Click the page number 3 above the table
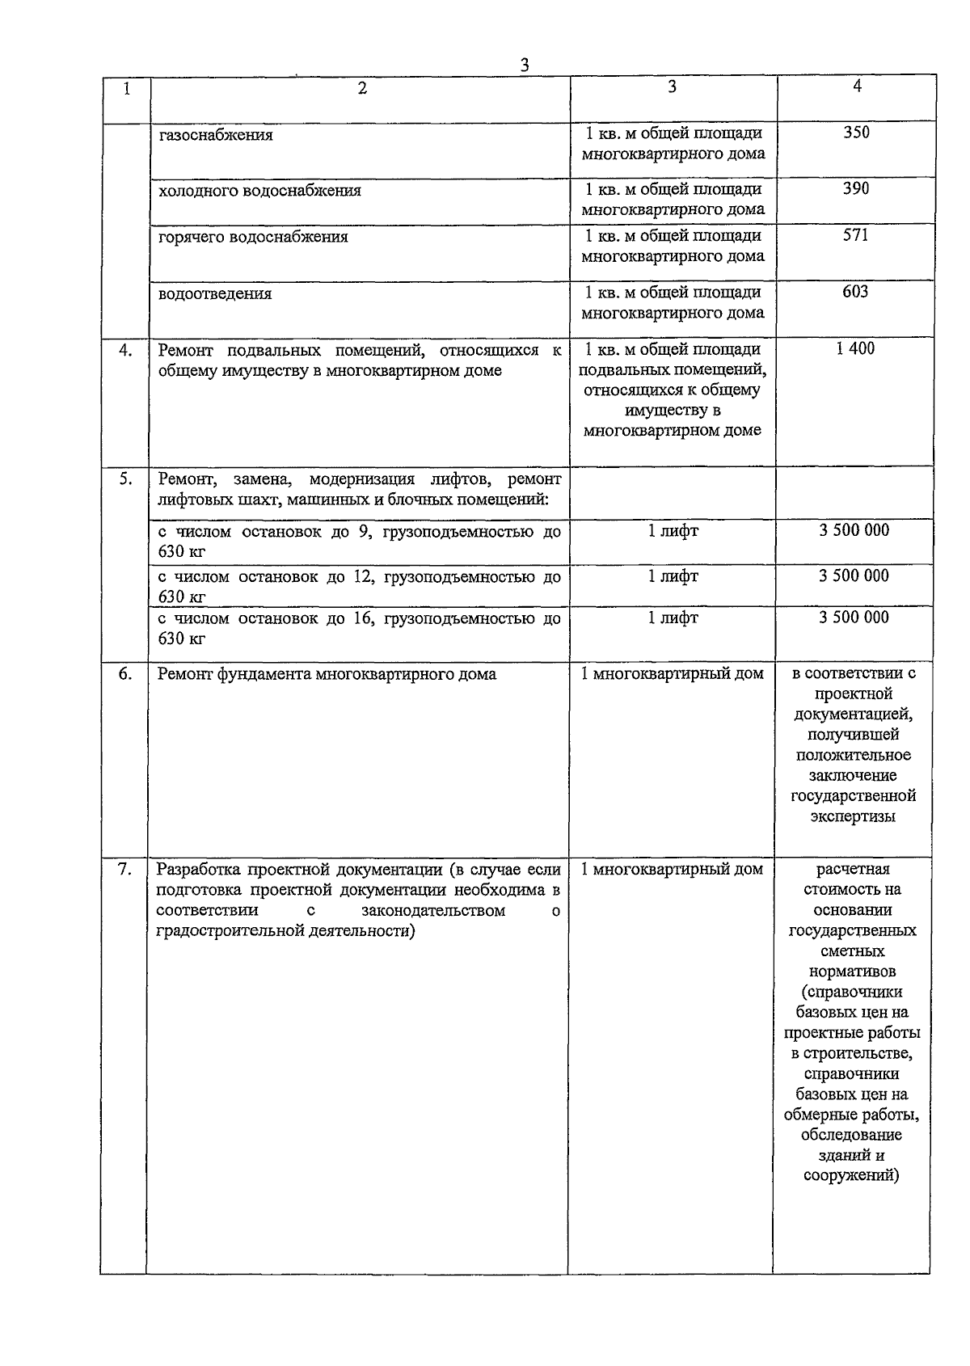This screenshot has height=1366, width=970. pos(524,65)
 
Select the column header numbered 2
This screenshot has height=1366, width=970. pos(362,89)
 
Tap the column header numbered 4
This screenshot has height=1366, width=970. pos(857,86)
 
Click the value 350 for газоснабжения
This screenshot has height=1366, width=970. pos(856,133)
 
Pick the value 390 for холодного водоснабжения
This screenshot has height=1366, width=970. pos(855,188)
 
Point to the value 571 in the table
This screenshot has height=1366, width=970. pos(855,235)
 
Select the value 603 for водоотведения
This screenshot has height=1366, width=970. pos(855,291)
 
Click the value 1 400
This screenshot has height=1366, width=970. pos(855,348)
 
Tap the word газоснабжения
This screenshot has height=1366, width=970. pos(216,135)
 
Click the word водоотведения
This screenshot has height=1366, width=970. pos(215,293)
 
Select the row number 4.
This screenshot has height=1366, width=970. pos(125,351)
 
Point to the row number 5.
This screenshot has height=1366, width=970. pos(125,479)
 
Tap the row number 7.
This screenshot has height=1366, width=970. pos(124,870)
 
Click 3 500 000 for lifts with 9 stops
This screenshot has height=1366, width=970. pos(854,530)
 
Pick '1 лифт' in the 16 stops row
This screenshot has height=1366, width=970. pos(673,618)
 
